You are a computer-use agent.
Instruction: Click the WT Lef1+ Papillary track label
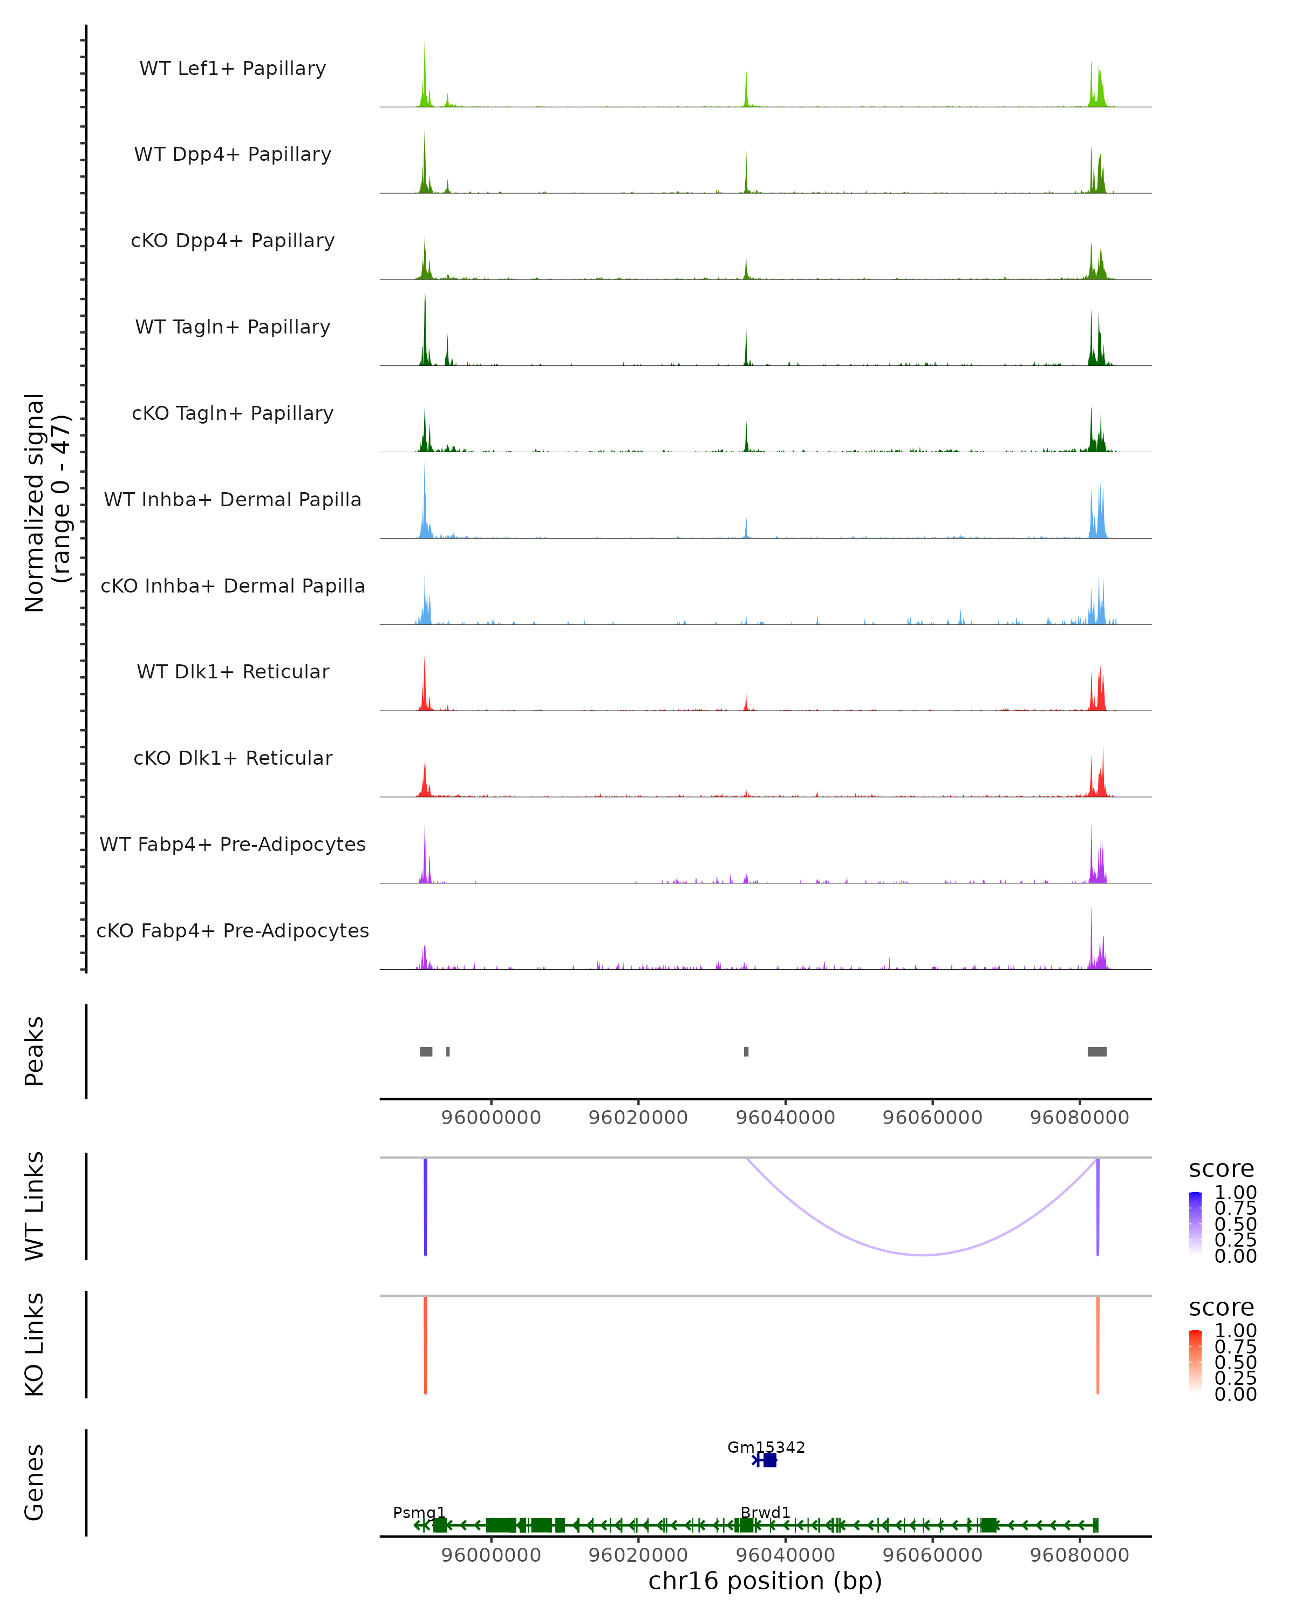pyautogui.click(x=233, y=69)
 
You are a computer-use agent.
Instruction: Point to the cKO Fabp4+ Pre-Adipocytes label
pyautogui.click(x=233, y=930)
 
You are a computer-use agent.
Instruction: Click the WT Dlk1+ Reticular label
pyautogui.click(x=233, y=671)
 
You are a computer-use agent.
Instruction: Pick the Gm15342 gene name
pyautogui.click(x=766, y=1447)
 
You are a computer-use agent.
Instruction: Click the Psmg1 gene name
pyautogui.click(x=419, y=1512)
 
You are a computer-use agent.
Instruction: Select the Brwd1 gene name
pyautogui.click(x=765, y=1512)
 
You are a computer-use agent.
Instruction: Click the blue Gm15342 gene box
pyautogui.click(x=769, y=1460)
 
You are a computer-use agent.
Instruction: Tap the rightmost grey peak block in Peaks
pyautogui.click(x=1097, y=1051)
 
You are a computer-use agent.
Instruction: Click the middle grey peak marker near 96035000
pyautogui.click(x=746, y=1051)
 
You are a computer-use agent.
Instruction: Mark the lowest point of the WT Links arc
pyautogui.click(x=923, y=1255)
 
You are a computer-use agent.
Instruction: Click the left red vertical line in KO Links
pyautogui.click(x=426, y=1345)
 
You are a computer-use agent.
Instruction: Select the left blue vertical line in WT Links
pyautogui.click(x=426, y=1207)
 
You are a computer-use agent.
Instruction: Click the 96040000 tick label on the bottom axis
pyautogui.click(x=785, y=1554)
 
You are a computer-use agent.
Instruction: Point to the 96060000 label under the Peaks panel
pyautogui.click(x=932, y=1118)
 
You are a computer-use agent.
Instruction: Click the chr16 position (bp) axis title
pyautogui.click(x=765, y=1581)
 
